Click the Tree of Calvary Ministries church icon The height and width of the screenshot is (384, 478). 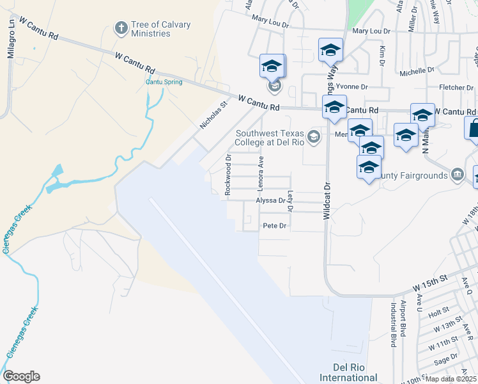click(120, 28)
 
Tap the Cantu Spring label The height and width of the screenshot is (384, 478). click(164, 82)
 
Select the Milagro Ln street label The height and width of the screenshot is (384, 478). click(11, 45)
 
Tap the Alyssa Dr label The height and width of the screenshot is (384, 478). click(270, 200)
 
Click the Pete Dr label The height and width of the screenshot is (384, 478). click(276, 226)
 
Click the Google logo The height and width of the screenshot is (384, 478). click(21, 376)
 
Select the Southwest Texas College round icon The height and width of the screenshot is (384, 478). click(313, 136)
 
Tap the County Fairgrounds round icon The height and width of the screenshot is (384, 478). click(457, 175)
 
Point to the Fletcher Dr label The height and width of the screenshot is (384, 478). click(455, 87)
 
